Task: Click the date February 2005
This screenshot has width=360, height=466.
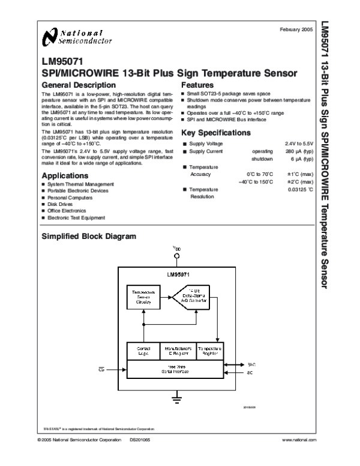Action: coord(297,29)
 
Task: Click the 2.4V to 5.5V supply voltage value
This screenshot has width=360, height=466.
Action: coord(299,144)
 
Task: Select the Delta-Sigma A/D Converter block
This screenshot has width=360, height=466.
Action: coord(190,296)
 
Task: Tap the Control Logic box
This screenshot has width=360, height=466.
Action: coord(143,351)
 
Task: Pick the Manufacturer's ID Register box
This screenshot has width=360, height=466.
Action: coord(178,351)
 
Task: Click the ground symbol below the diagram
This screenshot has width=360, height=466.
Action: coord(176,397)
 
